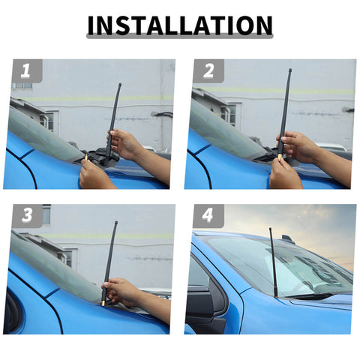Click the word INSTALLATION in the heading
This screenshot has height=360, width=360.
click(180, 25)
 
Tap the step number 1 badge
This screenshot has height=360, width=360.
click(26, 72)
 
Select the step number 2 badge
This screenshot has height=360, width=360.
click(208, 72)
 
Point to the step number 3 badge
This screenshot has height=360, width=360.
click(26, 216)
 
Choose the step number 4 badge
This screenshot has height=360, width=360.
click(208, 216)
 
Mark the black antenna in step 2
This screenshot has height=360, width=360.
click(285, 105)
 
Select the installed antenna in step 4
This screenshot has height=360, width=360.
click(273, 262)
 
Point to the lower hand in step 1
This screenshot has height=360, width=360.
click(96, 175)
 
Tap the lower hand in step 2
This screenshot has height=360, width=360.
click(284, 174)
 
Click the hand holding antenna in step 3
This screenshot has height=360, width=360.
click(124, 291)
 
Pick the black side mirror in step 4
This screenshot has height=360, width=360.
click(204, 300)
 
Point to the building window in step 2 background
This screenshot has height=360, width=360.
click(226, 114)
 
